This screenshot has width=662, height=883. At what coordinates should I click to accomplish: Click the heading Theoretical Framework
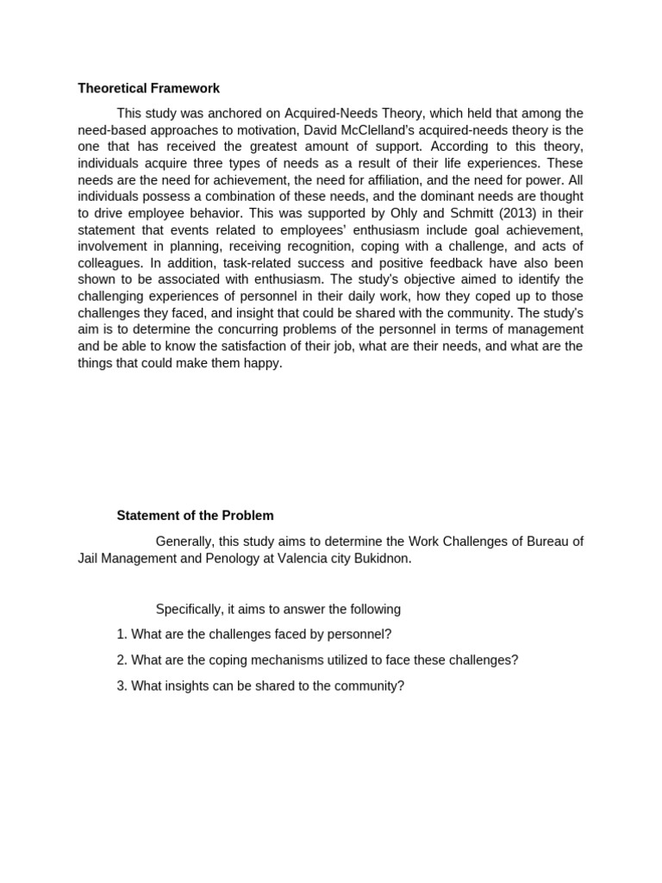148,88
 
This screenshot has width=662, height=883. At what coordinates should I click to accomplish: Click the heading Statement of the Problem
195,516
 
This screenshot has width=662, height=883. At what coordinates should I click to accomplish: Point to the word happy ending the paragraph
263,363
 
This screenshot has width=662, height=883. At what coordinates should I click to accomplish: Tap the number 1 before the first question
121,635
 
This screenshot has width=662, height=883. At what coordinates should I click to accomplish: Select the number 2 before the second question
121,661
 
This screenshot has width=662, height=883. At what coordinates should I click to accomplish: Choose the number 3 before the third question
121,686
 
